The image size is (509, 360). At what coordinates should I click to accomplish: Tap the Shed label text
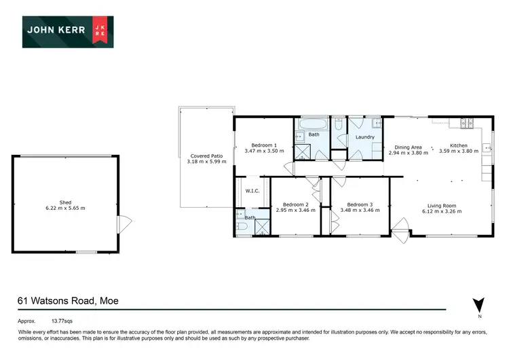coord(65,202)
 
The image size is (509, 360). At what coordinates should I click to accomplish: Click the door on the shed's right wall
coord(121,223)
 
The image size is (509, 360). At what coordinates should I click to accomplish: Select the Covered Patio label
coord(207,156)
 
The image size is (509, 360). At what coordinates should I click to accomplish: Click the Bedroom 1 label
coord(264,145)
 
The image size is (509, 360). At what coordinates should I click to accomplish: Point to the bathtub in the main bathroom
coord(312,124)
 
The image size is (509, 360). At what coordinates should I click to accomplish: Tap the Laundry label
coord(364,137)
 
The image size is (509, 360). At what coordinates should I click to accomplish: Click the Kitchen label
coord(459,145)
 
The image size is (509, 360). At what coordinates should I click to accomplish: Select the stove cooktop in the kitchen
coord(467,123)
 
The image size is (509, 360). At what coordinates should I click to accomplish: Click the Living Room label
coord(441,206)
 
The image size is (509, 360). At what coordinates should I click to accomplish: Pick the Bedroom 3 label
coord(360,204)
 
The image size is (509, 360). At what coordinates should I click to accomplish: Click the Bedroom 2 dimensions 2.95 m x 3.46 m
coord(296,211)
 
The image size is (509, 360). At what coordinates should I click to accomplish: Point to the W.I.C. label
coord(253,190)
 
